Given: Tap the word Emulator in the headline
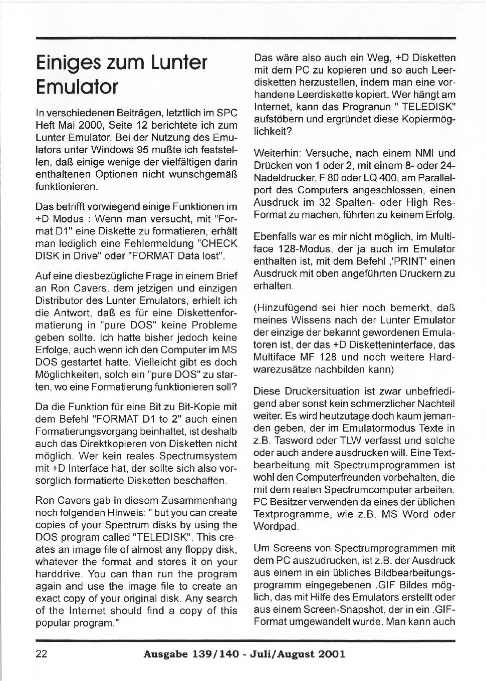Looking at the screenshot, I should click(x=77, y=87).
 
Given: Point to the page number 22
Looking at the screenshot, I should click(x=42, y=654).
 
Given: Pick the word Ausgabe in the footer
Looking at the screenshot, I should click(x=165, y=654).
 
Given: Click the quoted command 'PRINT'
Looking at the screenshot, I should click(x=397, y=261).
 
